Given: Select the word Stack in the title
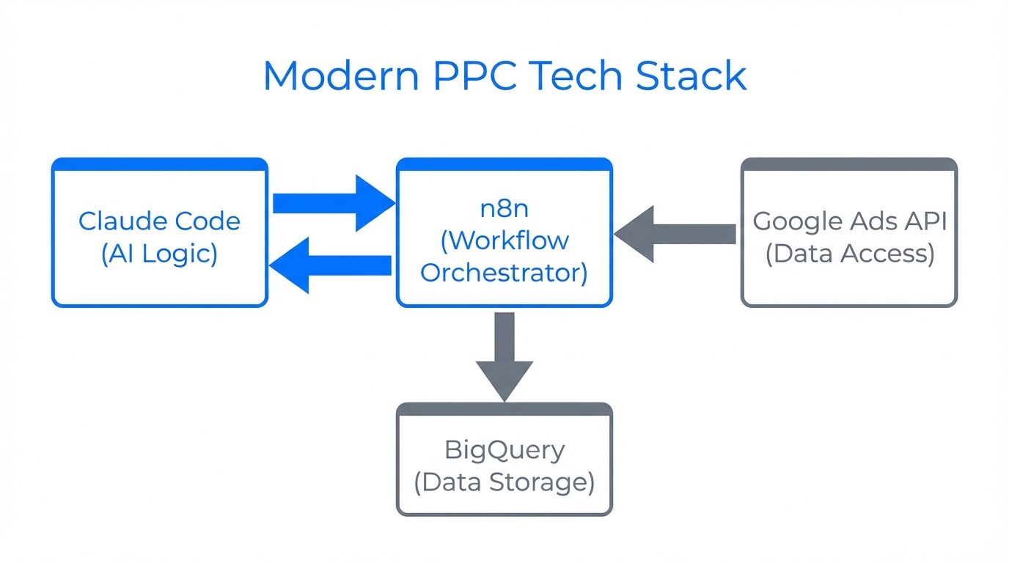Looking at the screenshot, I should (691, 76).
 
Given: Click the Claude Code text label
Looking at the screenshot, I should (159, 221).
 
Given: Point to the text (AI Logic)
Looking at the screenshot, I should (159, 253).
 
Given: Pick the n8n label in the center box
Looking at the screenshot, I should (504, 207).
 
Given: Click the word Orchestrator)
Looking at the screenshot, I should (504, 272).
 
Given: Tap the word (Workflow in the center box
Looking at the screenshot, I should (504, 240).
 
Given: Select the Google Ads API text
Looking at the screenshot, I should (849, 221).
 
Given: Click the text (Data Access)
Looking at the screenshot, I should (849, 253).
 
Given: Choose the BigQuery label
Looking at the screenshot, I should (504, 449).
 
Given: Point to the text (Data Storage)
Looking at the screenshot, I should (504, 482).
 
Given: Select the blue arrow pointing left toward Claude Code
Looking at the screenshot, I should (330, 265).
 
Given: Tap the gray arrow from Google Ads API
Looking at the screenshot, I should (675, 234).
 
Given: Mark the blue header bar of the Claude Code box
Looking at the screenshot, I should (159, 164).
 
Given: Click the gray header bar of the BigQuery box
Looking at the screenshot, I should (504, 409).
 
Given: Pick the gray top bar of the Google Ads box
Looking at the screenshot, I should (849, 164).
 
